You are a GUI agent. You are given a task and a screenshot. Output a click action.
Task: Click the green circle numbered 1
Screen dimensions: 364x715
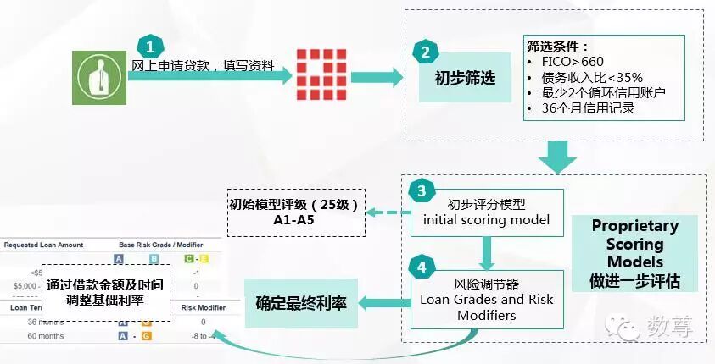tap(149, 45)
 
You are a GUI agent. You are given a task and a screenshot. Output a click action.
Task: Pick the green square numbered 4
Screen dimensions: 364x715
tap(422, 267)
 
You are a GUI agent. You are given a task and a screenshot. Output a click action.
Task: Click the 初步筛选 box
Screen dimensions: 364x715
tap(465, 77)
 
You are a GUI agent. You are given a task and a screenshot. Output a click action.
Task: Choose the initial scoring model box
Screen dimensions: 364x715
tap(486, 212)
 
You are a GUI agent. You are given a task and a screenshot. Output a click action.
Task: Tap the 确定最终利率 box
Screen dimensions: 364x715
tap(301, 302)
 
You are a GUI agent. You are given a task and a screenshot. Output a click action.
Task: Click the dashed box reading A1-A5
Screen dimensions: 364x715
tap(295, 212)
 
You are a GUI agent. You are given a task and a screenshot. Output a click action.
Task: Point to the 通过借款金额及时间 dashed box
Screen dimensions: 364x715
tap(106, 294)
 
